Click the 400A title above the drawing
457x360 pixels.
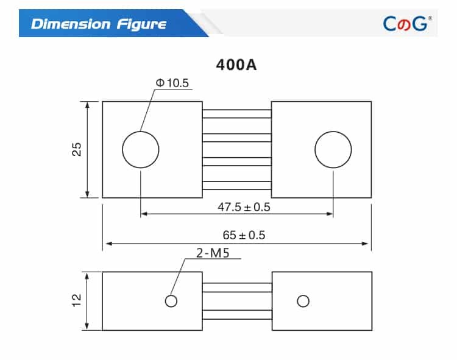click(x=236, y=65)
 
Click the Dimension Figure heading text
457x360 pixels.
click(x=98, y=24)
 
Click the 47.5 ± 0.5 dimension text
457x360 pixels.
click(x=244, y=206)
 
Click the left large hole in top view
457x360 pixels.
click(x=141, y=149)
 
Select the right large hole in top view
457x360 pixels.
click(x=333, y=149)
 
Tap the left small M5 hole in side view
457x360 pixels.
click(x=171, y=300)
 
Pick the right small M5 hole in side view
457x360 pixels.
click(x=303, y=300)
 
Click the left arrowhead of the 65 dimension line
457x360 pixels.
click(x=107, y=244)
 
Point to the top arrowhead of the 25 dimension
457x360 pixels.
click(x=88, y=105)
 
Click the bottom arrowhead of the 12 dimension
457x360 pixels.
click(x=88, y=326)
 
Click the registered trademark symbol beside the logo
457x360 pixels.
click(x=431, y=18)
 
